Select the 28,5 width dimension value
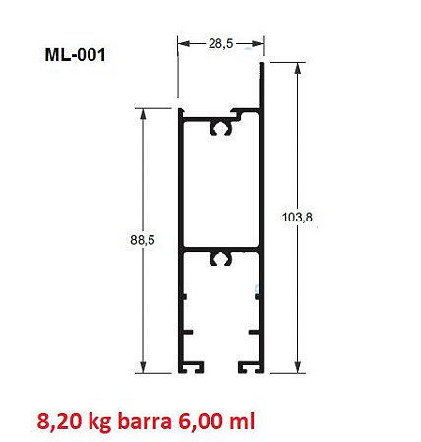click(x=220, y=42)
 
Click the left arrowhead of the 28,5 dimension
click(x=182, y=43)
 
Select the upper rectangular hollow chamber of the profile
click(x=221, y=187)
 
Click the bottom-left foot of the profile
click(x=191, y=367)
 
